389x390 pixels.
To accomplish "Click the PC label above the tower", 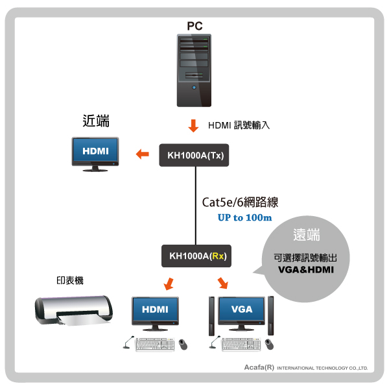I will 194,26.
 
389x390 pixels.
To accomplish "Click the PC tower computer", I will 194,71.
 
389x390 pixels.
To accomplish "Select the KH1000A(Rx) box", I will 198,256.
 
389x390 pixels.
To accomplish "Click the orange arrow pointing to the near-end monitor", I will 141,154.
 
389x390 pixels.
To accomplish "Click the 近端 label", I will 96,121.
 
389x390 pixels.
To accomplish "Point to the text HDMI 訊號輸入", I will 238,125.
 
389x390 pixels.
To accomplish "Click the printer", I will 73,311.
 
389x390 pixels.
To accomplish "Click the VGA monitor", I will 242,311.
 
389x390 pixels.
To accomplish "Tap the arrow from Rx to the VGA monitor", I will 222,283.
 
